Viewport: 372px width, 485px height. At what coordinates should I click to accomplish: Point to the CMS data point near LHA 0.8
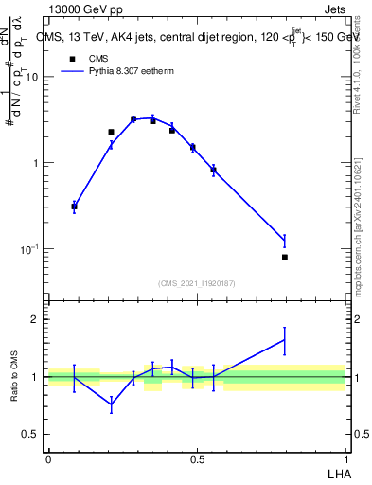click(285, 257)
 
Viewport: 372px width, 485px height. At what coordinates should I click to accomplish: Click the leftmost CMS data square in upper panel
click(75, 207)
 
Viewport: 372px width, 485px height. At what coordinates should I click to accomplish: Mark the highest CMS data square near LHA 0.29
click(133, 119)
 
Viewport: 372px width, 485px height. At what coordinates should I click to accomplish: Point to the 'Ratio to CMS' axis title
click(13, 376)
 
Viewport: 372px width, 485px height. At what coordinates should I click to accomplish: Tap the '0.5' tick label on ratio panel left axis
click(31, 435)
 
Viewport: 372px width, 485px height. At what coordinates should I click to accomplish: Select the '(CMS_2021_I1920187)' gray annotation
click(196, 282)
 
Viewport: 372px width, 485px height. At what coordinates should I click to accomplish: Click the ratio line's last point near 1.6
click(285, 340)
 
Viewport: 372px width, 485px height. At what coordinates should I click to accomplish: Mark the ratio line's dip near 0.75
click(112, 404)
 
